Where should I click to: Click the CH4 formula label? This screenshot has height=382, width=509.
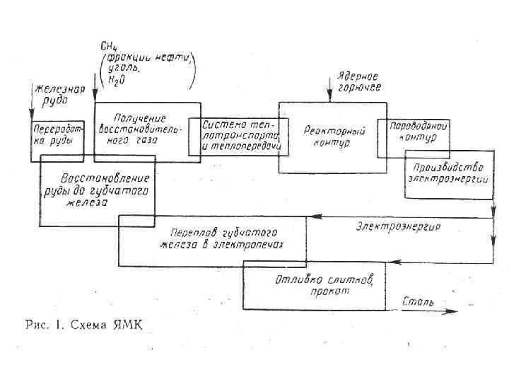point(110,47)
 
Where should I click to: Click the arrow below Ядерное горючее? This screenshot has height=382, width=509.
point(327,93)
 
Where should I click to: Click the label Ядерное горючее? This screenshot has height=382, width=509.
point(358,81)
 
